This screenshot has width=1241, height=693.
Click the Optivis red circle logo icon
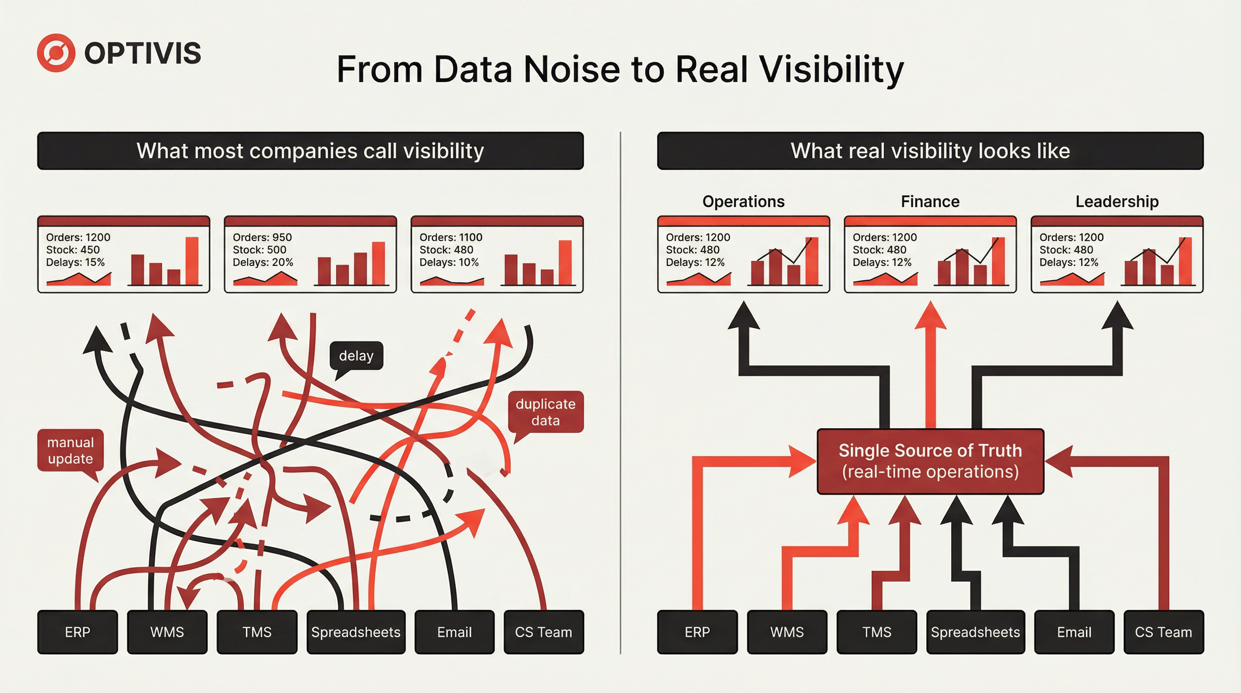56,53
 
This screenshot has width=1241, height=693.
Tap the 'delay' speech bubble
356,356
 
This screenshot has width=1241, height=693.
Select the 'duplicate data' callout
546,412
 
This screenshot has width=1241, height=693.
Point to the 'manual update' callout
70,450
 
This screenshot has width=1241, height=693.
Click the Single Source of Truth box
930,461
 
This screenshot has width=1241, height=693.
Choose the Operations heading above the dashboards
743,201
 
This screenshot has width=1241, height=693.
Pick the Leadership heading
1117,201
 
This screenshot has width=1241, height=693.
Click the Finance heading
930,201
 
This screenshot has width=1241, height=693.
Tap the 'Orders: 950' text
262,237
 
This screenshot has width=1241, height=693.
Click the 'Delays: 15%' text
75,262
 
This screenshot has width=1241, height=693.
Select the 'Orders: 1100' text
451,237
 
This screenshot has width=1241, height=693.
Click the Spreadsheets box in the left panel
356,632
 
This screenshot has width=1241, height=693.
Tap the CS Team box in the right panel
1163,632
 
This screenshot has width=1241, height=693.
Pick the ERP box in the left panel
77,632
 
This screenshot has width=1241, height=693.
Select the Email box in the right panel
1074,632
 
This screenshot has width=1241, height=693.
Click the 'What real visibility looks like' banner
930,151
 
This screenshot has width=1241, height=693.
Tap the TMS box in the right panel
877,632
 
